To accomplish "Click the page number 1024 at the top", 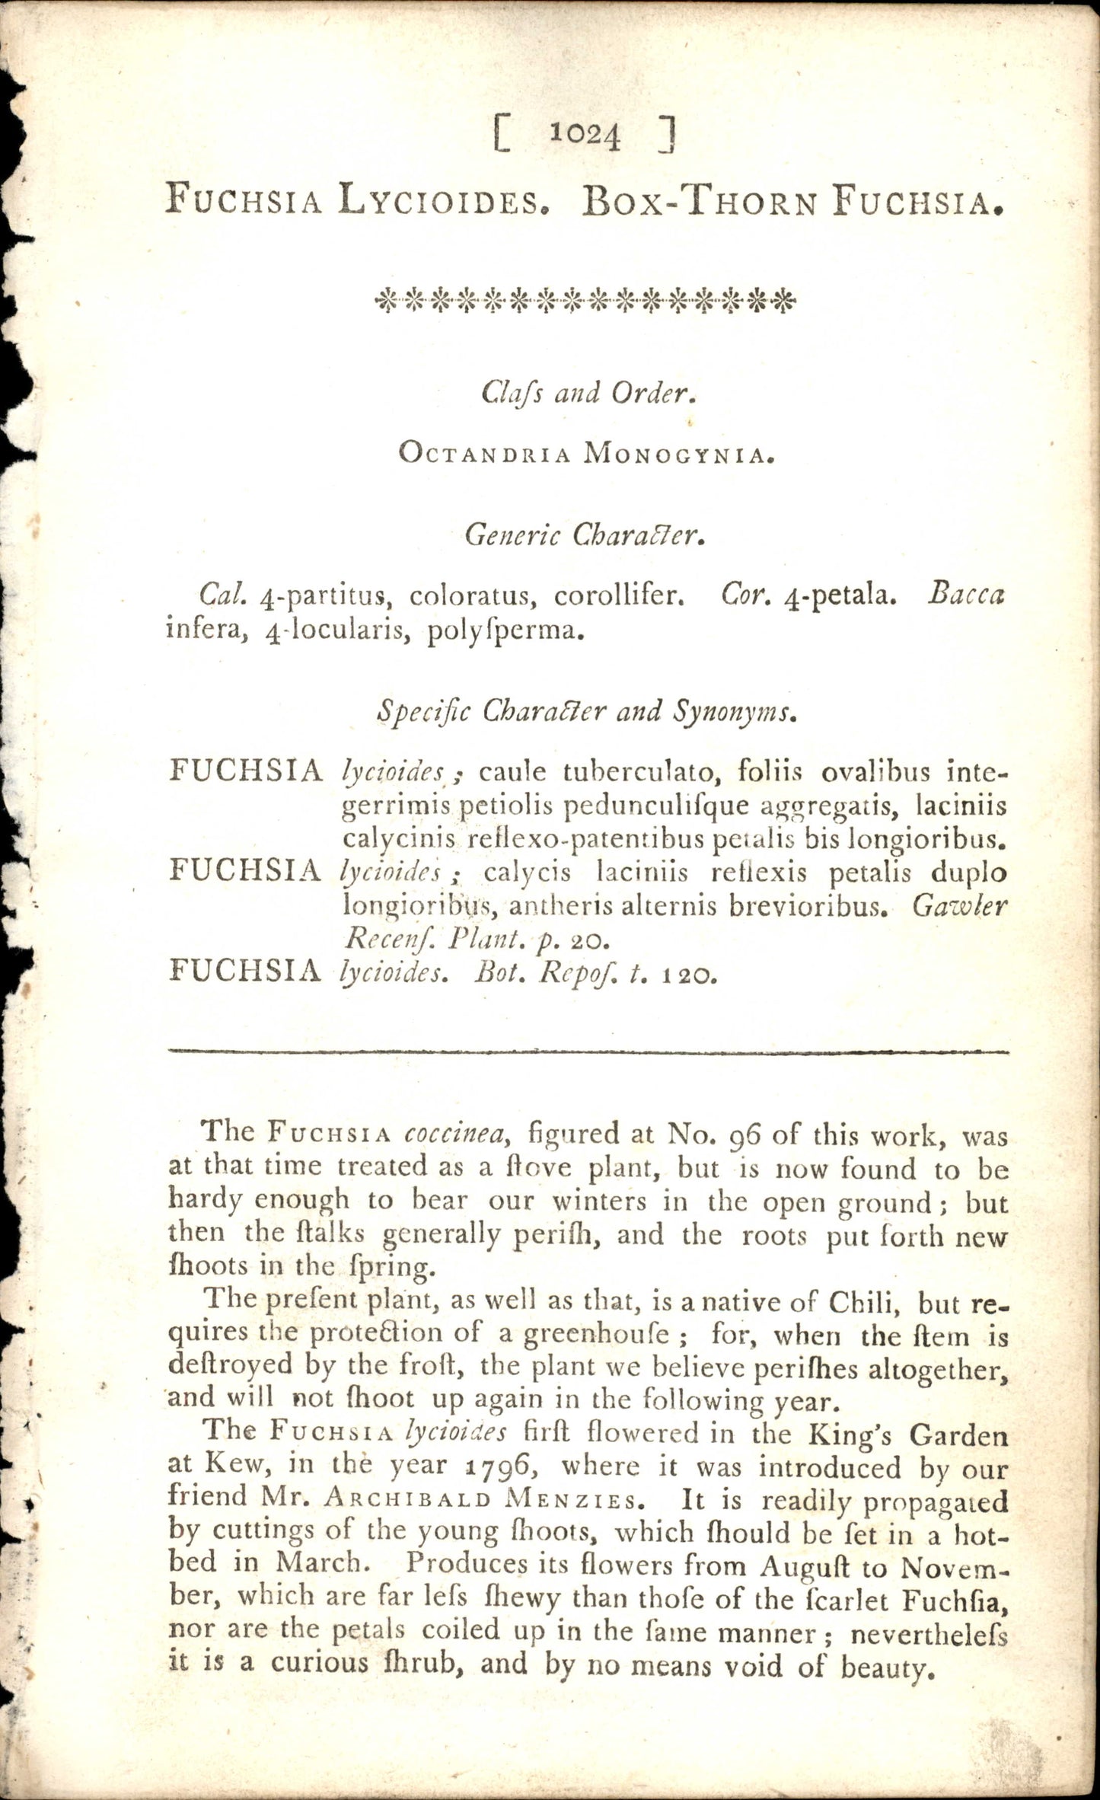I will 585,135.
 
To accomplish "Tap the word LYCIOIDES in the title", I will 443,201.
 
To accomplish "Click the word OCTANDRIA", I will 484,455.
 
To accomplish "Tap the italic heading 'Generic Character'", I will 585,536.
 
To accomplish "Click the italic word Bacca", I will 966,595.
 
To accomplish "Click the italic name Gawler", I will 959,906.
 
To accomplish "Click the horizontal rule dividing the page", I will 588,1052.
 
